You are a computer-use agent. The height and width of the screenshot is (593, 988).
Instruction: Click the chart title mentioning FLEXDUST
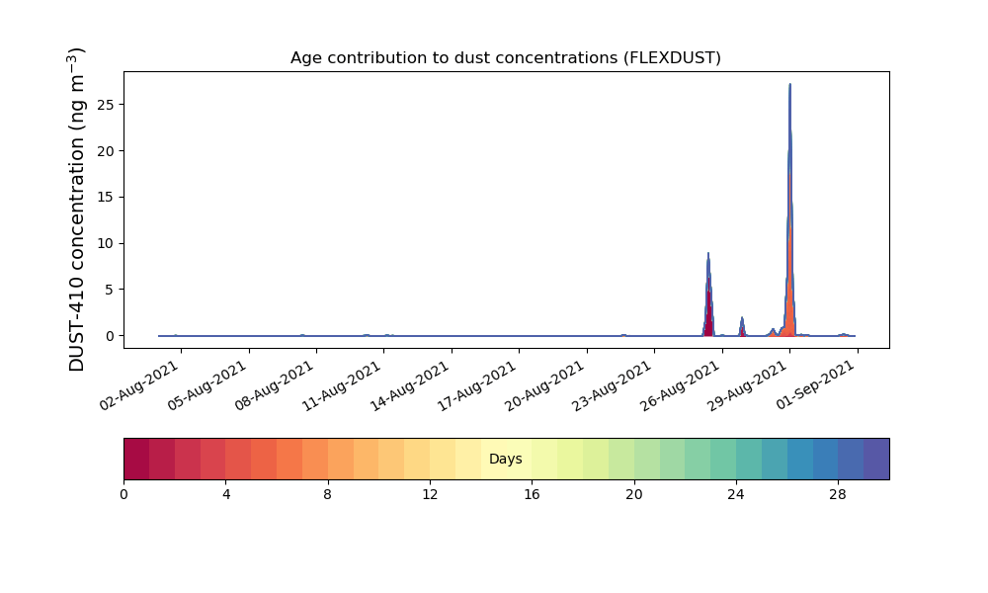click(505, 58)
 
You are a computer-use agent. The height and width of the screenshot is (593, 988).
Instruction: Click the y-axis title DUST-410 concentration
click(76, 210)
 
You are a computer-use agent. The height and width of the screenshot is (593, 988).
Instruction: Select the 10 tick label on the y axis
click(106, 243)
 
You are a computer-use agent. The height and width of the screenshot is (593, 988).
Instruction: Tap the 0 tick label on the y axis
click(111, 336)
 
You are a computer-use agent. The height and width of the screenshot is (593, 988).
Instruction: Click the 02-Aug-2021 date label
click(139, 385)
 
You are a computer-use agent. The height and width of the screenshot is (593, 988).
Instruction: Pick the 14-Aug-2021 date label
click(410, 385)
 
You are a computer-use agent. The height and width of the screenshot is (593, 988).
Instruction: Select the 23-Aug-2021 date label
click(613, 385)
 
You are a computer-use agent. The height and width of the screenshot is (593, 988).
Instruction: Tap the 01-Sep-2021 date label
click(815, 385)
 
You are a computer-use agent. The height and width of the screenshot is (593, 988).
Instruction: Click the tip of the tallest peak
click(789, 84)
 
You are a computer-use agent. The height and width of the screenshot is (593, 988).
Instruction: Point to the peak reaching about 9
click(708, 254)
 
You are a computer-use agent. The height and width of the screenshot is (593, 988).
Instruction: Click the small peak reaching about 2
click(742, 317)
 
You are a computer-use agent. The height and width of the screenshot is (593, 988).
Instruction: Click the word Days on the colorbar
click(505, 459)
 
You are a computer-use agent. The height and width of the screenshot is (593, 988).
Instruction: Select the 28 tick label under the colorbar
click(838, 495)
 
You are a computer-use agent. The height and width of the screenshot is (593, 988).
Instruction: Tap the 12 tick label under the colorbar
click(430, 495)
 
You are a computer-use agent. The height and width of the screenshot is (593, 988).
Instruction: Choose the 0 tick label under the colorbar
click(123, 495)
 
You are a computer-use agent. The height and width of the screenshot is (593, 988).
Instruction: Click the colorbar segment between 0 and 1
click(136, 459)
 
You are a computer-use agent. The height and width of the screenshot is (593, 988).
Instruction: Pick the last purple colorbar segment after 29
click(876, 459)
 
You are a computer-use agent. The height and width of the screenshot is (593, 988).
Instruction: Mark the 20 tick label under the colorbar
click(634, 495)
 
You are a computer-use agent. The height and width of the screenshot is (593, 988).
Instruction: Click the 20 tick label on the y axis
click(106, 151)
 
